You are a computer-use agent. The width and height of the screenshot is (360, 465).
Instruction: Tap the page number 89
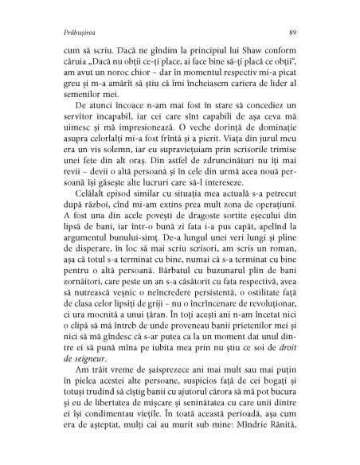(293, 32)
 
